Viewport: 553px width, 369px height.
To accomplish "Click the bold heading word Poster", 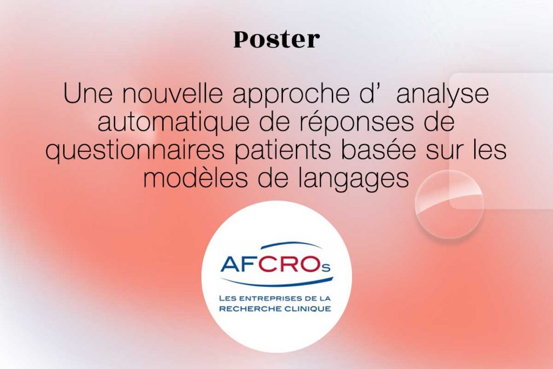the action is tap(276, 39).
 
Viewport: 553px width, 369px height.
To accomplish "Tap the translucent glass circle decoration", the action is tap(449, 204).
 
